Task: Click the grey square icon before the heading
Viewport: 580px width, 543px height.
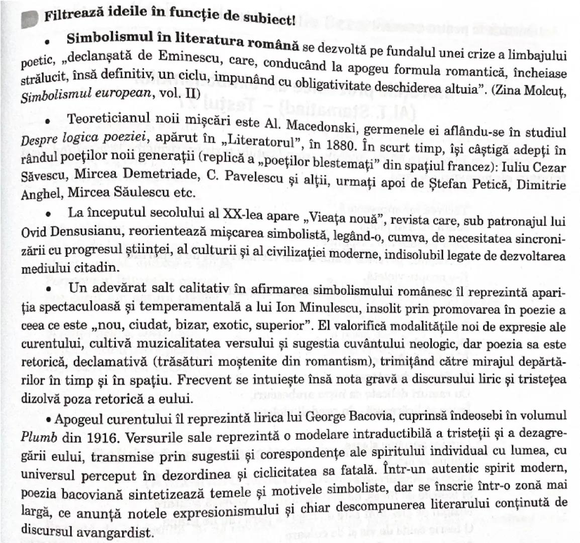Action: pyautogui.click(x=30, y=19)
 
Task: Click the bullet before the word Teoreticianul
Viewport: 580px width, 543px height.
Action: pyautogui.click(x=48, y=122)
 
